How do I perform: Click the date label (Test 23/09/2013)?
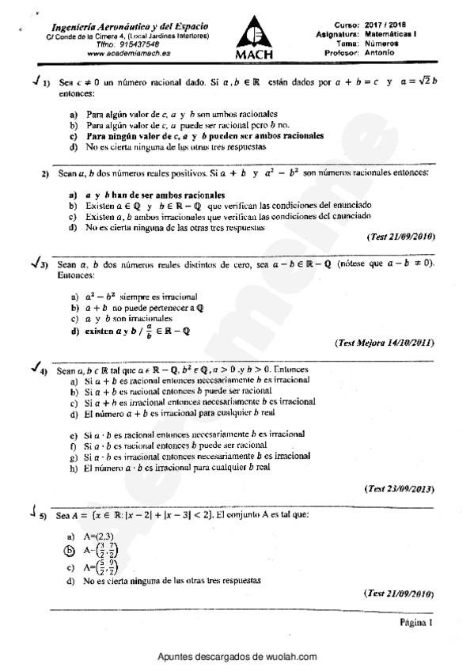point(399,489)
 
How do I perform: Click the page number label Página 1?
point(417,623)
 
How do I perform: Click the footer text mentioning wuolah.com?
point(237,657)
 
